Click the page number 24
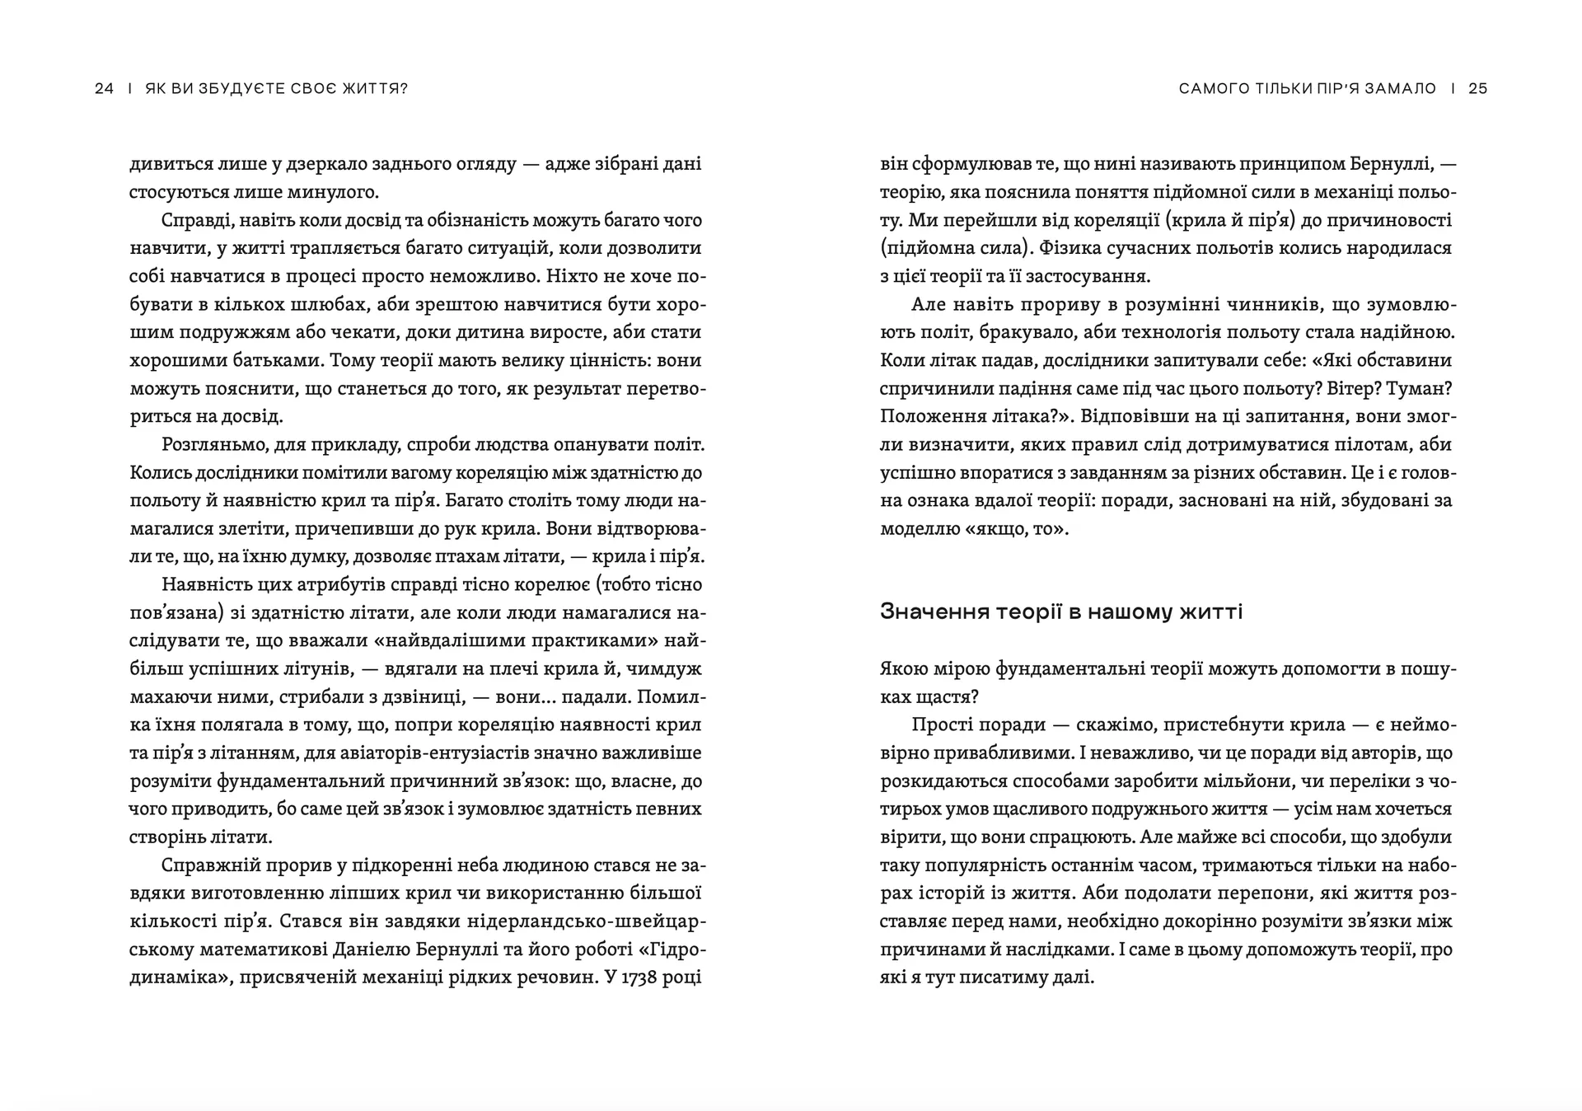[x=105, y=89]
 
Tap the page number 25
[x=1478, y=89]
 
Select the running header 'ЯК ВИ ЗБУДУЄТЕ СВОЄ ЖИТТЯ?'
[x=276, y=89]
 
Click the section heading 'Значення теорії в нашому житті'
[x=1061, y=612]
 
